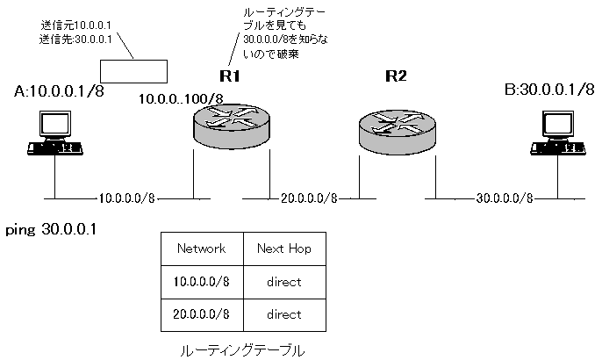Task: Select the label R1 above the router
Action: click(x=231, y=76)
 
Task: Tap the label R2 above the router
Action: click(x=397, y=76)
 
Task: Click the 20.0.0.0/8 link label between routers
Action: click(x=310, y=198)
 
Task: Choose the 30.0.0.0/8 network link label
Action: click(x=505, y=198)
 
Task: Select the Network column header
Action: click(x=202, y=248)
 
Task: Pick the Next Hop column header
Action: click(x=284, y=248)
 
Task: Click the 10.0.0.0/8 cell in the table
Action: click(x=202, y=282)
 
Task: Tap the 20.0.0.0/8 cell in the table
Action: click(x=202, y=313)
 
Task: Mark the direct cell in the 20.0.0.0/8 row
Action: click(x=284, y=313)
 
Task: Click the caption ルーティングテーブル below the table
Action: click(x=242, y=349)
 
